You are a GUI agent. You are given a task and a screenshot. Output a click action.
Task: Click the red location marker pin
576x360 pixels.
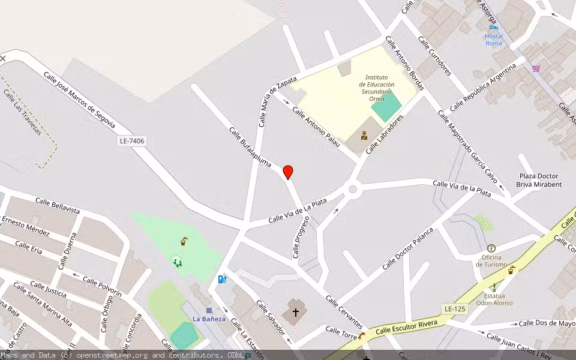pyautogui.click(x=288, y=172)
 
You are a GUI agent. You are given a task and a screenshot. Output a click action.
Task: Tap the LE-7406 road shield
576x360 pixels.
pyautogui.click(x=132, y=141)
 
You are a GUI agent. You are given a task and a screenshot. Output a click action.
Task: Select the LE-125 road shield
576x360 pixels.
pyautogui.click(x=455, y=309)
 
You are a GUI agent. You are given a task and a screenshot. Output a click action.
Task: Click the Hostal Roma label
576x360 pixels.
pyautogui.click(x=494, y=39)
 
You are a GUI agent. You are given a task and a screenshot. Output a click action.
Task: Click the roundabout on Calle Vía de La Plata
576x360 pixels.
pyautogui.click(x=352, y=190)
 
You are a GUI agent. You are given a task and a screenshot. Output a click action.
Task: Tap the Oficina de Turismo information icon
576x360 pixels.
pyautogui.click(x=491, y=248)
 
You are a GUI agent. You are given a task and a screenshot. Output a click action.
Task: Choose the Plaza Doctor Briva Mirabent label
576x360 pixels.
pyautogui.click(x=539, y=180)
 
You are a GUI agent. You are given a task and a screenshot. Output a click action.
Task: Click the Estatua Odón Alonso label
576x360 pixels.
pyautogui.click(x=494, y=299)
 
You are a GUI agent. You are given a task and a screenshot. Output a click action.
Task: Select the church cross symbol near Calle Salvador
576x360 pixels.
pyautogui.click(x=295, y=312)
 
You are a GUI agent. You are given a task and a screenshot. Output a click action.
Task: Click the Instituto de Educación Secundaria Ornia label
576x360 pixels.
pyautogui.click(x=376, y=88)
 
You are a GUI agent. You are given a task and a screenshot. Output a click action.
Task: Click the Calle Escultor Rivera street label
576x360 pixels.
pyautogui.click(x=411, y=326)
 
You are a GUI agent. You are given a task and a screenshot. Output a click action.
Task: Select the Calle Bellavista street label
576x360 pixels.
pyautogui.click(x=57, y=206)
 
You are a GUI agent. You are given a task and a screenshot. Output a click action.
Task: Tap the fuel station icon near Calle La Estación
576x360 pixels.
pyautogui.click(x=223, y=278)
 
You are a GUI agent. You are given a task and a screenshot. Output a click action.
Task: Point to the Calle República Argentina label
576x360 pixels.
pyautogui.click(x=482, y=88)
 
